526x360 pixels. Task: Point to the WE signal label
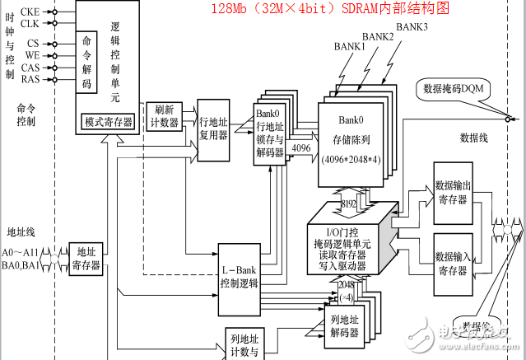[x=30, y=54]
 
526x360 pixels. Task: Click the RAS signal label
[x=30, y=79]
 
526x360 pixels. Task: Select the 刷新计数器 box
[x=162, y=115]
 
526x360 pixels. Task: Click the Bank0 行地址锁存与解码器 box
[x=272, y=134]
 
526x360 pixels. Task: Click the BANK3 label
[x=412, y=27]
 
